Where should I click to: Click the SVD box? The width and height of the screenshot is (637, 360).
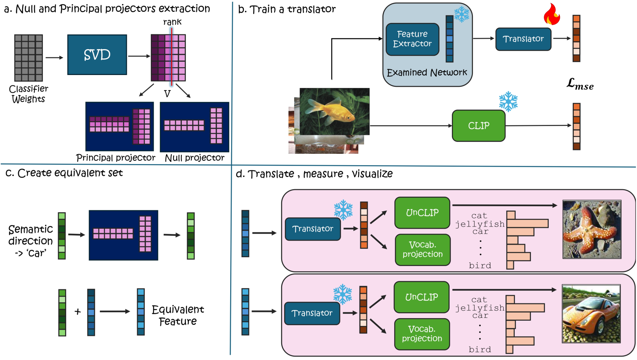coord(97,55)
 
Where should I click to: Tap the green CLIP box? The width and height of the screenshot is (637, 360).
coord(478,126)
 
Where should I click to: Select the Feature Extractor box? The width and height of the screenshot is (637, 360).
coord(412,39)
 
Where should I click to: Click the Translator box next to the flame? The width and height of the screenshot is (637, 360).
coord(523,39)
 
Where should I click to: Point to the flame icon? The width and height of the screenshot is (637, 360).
coord(552,15)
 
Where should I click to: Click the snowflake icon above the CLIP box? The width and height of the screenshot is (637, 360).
coord(508,101)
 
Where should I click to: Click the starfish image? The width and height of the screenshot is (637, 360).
coord(591,229)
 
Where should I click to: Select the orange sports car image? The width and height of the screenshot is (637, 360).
coord(590,313)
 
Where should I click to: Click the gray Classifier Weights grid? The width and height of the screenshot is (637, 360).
coord(28,58)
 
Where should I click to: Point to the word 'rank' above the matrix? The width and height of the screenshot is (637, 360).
coord(172,22)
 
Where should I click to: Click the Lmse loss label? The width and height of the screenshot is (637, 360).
coord(580,84)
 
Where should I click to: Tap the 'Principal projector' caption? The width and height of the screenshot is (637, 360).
coord(116,158)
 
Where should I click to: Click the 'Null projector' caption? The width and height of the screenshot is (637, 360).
coord(194,158)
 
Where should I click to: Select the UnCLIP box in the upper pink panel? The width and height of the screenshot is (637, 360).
coord(422,213)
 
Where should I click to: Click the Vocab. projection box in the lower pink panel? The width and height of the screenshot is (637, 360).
coord(422,334)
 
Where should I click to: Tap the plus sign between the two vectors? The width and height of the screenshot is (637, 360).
coord(78,312)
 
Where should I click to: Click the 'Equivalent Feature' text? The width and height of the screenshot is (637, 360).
coord(178,315)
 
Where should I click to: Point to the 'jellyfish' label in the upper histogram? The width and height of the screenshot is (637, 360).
coord(480,224)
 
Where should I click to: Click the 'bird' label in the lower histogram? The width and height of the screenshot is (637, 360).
coord(480,349)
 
